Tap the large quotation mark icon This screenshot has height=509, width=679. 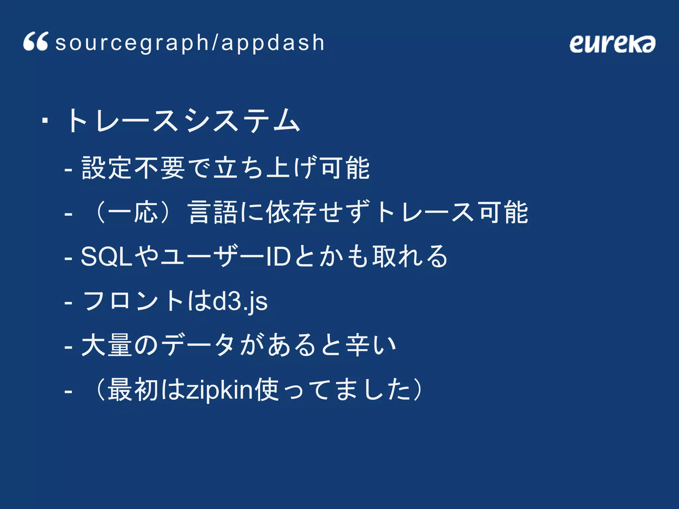(36, 42)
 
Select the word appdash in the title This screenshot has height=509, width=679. (273, 43)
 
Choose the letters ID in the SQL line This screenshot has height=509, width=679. (278, 256)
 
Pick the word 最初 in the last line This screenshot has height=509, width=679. (133, 390)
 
